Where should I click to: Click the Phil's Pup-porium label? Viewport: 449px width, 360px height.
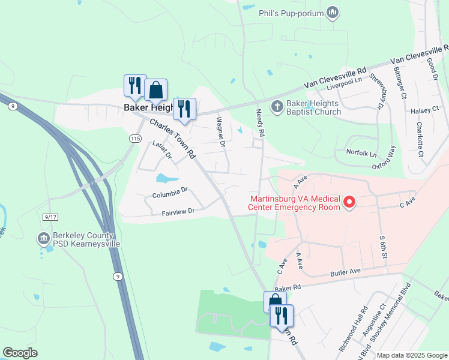tap(291, 13)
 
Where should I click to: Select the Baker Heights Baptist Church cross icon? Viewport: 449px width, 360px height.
tap(276, 107)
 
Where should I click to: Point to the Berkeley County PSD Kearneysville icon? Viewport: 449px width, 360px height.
tap(43, 239)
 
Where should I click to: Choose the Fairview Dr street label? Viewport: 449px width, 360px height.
tap(178, 212)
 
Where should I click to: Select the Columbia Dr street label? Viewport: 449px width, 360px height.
tap(170, 193)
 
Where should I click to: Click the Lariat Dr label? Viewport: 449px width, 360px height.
tap(162, 150)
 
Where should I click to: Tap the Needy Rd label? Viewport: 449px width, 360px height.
tap(260, 118)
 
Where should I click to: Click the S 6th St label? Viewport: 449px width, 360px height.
tap(383, 247)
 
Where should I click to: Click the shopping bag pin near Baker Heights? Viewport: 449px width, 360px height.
tap(155, 91)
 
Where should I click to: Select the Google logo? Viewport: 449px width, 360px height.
tap(20, 353)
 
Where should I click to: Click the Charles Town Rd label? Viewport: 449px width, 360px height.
tap(172, 139)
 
